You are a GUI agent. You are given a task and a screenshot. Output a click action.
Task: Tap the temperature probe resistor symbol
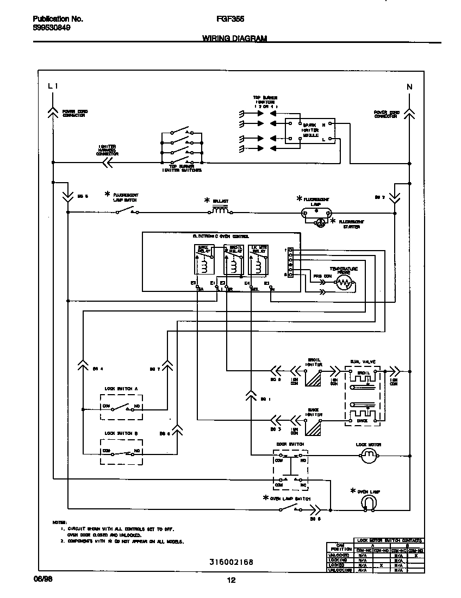[x=344, y=282]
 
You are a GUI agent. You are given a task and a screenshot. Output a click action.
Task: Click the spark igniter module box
[x=310, y=133]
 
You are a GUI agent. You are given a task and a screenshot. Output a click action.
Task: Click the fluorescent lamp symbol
[x=316, y=213]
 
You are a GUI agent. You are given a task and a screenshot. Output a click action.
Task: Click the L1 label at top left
[x=52, y=86]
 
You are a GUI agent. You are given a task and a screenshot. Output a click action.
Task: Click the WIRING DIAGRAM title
[x=234, y=39]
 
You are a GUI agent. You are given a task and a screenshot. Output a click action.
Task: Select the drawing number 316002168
[x=230, y=562]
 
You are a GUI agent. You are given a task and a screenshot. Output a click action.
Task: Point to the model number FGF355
[x=230, y=18]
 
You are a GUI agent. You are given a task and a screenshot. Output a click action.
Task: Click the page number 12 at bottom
[x=230, y=580]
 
